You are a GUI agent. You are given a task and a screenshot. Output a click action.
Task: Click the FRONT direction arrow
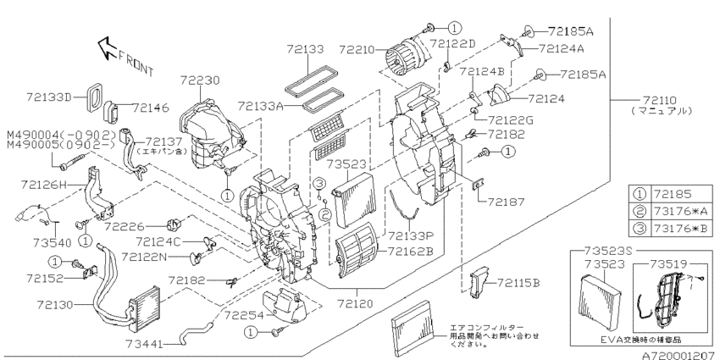(x=107, y=49)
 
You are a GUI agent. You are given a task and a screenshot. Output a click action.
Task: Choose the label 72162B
(x=411, y=252)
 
